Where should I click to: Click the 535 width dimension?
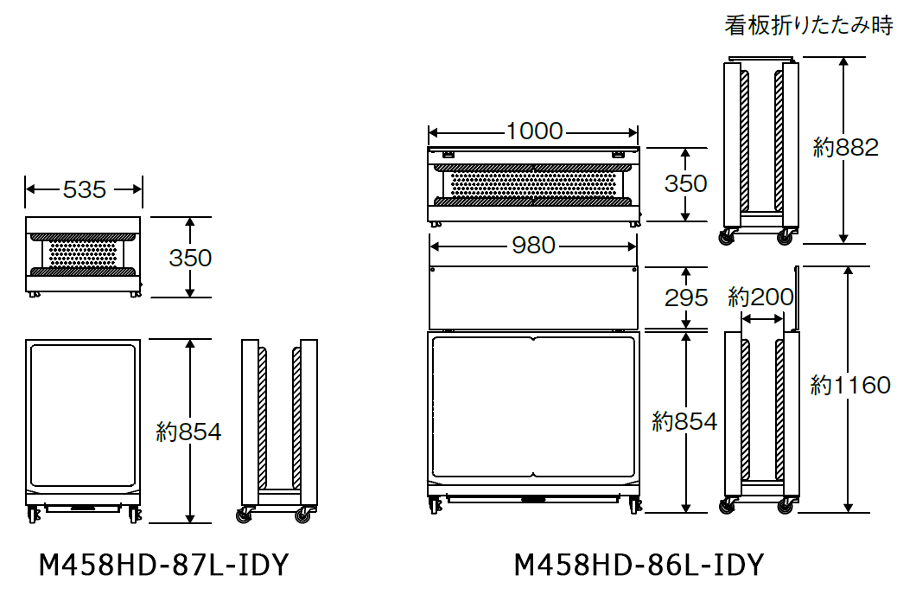point(84,189)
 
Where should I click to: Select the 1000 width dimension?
point(534,131)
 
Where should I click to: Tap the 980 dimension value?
point(533,246)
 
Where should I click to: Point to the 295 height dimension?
point(686,298)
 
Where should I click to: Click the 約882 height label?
point(846,147)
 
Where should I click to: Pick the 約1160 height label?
point(850,385)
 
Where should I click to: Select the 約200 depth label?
point(760,297)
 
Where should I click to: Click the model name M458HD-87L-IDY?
point(163,566)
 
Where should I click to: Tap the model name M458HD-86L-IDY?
point(639,566)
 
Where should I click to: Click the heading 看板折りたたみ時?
point(809,25)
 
